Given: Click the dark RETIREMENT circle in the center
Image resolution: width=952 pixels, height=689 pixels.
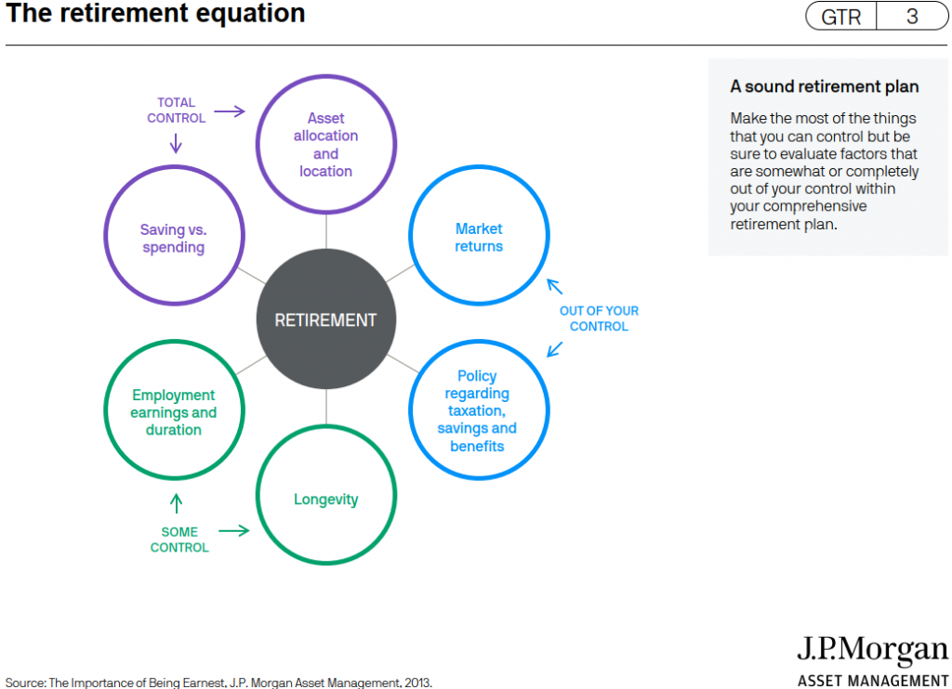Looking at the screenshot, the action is pyautogui.click(x=326, y=319).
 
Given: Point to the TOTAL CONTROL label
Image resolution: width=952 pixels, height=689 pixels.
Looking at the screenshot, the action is pyautogui.click(x=176, y=110).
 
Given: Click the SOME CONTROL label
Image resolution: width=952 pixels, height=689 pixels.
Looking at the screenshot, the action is pyautogui.click(x=179, y=539).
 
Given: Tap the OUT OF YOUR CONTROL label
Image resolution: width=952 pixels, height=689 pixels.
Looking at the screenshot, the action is pyautogui.click(x=599, y=318).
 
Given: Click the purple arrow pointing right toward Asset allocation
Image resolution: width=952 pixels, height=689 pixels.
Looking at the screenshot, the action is pyautogui.click(x=230, y=111).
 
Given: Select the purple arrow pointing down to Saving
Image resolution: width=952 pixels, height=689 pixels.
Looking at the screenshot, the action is pyautogui.click(x=176, y=143).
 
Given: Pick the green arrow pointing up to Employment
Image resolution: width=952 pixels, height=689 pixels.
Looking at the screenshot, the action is pyautogui.click(x=176, y=503).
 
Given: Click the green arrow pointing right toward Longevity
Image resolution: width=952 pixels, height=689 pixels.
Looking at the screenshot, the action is pyautogui.click(x=233, y=531).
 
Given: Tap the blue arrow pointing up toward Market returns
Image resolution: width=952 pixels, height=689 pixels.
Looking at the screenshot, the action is pyautogui.click(x=554, y=286).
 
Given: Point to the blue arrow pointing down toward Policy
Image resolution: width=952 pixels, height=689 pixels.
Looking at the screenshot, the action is pyautogui.click(x=554, y=349).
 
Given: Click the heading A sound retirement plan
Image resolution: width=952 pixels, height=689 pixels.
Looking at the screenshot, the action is pyautogui.click(x=824, y=86).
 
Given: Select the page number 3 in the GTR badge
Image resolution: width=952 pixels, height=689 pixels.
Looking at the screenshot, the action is pyautogui.click(x=912, y=17).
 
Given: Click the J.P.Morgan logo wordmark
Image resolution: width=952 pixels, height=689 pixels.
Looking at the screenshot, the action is pyautogui.click(x=872, y=650).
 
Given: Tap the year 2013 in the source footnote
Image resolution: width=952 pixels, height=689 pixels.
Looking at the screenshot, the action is pyautogui.click(x=417, y=682).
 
